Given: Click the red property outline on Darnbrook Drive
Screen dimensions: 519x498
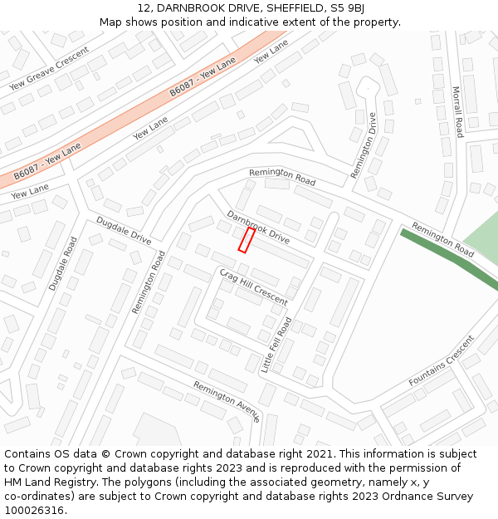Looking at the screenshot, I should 247,240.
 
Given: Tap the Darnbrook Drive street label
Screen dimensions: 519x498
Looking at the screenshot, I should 258,227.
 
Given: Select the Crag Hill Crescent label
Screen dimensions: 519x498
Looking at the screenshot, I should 254,286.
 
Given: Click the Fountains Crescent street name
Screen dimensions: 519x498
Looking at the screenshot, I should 442,361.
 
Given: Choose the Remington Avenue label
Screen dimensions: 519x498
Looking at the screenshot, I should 227,400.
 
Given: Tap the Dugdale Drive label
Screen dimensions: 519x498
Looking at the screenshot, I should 124,231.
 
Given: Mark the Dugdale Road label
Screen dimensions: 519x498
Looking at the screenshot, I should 62,263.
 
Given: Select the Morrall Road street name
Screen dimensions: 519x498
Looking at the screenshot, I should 457,111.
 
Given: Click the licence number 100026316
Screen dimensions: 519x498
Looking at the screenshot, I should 34,511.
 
